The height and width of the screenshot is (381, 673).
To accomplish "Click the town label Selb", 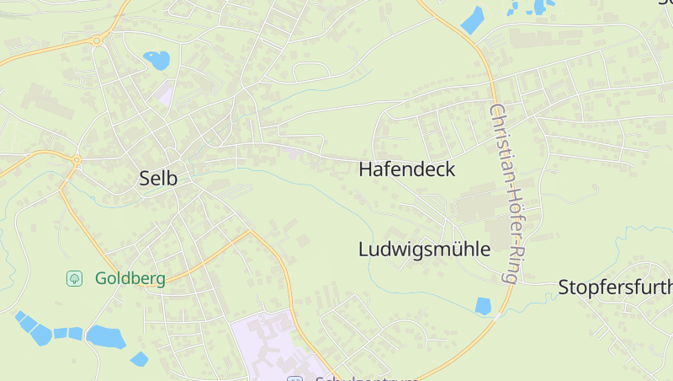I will [158, 178].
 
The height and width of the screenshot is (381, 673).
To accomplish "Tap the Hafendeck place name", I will [406, 169].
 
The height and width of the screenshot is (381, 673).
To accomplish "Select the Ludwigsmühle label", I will [424, 250].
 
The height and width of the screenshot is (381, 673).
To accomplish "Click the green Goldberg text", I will [130, 278].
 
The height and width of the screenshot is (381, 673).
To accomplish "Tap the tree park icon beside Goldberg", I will [75, 277].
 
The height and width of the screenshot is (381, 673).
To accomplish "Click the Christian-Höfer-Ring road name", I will [506, 193].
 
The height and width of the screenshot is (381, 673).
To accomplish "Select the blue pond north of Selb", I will [156, 60].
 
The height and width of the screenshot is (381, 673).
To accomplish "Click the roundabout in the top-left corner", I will [98, 40].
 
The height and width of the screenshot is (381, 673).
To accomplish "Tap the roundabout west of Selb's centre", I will [76, 159].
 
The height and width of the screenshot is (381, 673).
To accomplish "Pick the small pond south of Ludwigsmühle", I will [483, 306].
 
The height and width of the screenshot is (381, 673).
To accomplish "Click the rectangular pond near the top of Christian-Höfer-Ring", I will [473, 19].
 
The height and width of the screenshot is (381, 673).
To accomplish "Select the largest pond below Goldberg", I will [105, 336].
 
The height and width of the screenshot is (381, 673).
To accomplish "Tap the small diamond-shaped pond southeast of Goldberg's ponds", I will [139, 359].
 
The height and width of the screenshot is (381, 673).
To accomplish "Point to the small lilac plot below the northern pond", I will [164, 93].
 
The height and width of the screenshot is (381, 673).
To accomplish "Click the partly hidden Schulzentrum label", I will [367, 378].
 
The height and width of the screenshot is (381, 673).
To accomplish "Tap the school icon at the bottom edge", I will [294, 378].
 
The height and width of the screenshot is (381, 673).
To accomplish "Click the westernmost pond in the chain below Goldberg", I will [20, 316].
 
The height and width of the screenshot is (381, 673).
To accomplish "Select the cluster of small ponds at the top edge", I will [528, 8].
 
